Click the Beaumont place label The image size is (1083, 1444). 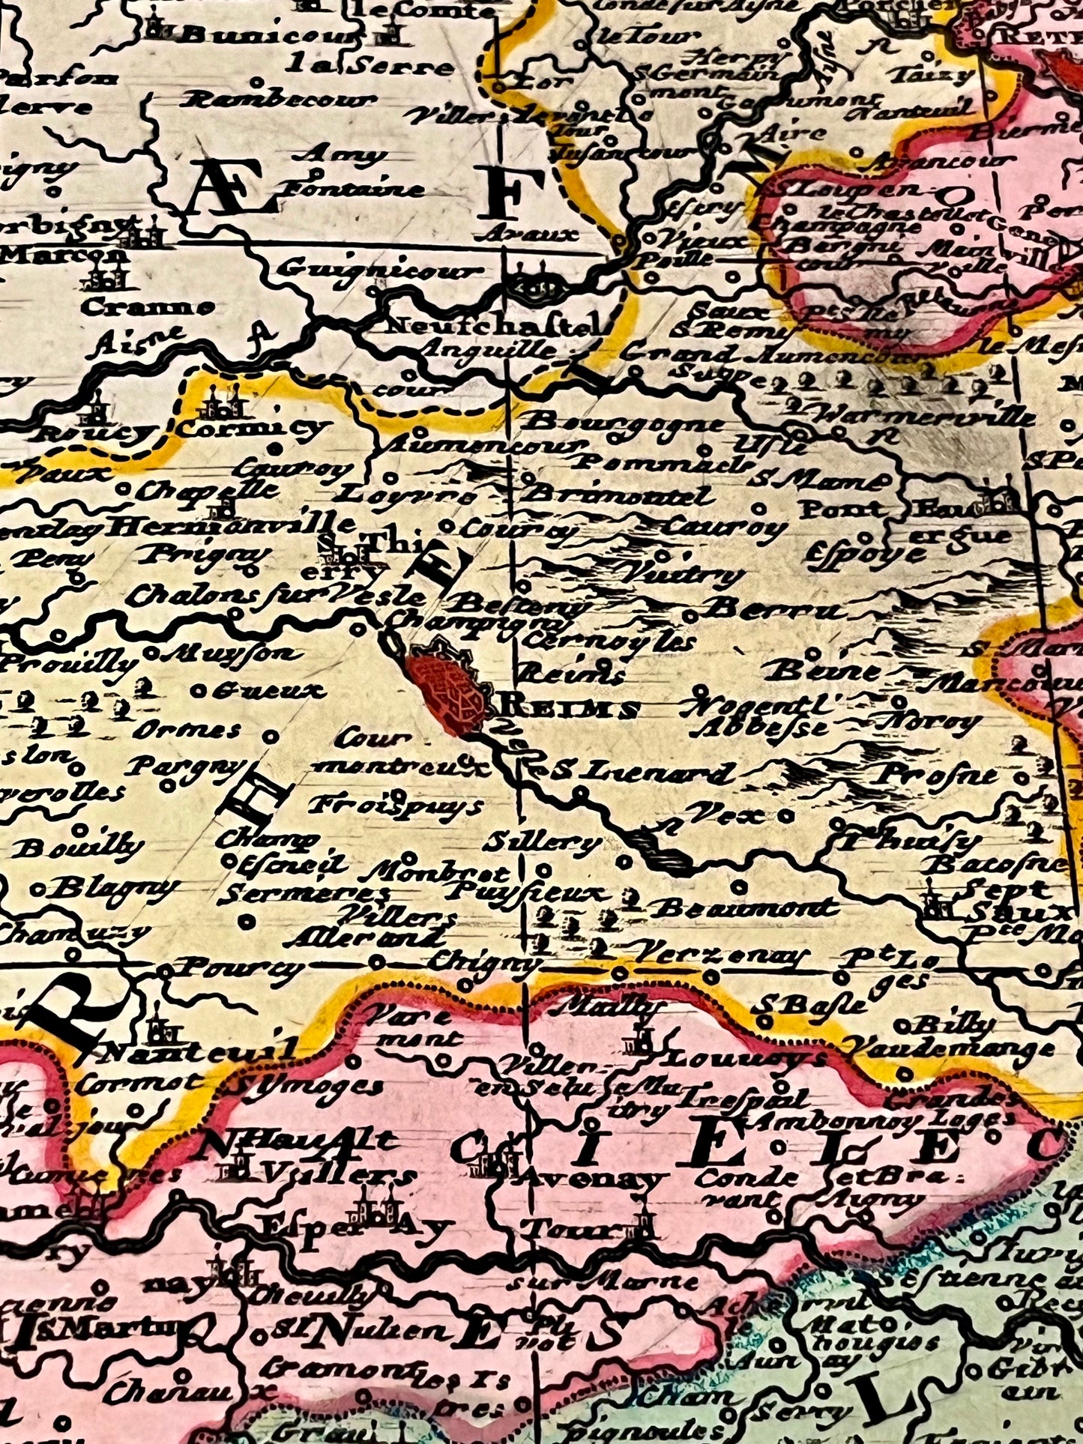(743, 908)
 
